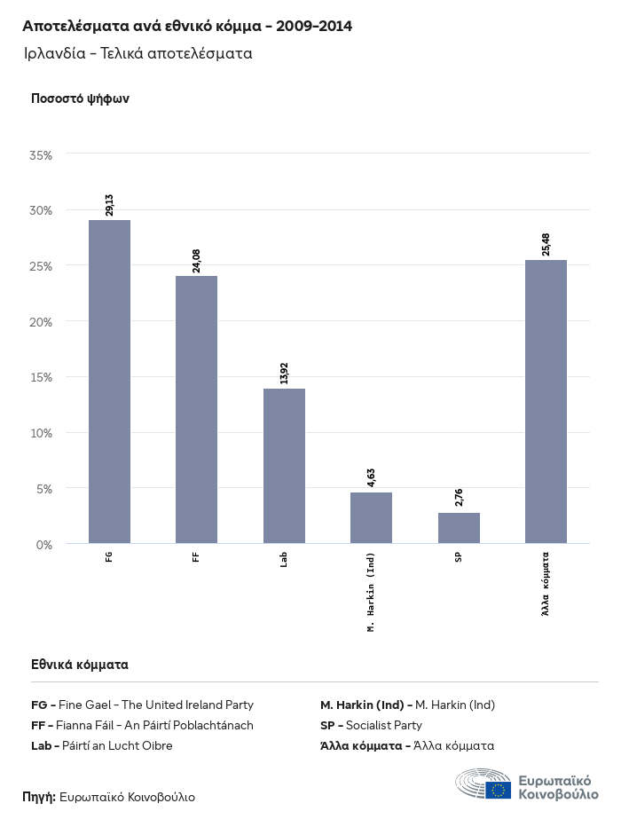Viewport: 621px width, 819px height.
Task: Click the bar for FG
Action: point(109,382)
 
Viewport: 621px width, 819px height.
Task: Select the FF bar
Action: point(196,409)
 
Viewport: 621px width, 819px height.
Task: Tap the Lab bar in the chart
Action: point(284,466)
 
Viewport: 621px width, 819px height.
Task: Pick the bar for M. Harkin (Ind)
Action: point(371,517)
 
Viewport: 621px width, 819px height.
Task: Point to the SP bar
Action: point(459,528)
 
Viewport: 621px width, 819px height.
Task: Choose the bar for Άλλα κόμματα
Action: point(546,401)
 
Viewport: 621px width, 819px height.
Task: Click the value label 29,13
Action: point(109,205)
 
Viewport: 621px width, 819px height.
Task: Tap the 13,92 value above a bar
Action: point(284,374)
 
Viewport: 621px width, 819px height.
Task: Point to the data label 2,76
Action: point(459,498)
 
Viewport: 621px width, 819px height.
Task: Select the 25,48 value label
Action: point(546,244)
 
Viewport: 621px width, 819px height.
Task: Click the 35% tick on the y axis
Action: point(41,155)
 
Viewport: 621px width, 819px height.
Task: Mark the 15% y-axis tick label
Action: point(41,377)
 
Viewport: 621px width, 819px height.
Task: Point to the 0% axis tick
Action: point(44,544)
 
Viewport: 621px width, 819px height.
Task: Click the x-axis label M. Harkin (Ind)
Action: point(371,591)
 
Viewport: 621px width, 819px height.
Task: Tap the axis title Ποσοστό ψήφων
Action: point(80,98)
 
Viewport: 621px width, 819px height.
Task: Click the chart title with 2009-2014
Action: point(187,27)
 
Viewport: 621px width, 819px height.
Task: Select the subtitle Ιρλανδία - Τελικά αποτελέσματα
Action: point(138,53)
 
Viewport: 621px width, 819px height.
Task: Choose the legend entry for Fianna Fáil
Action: point(142,725)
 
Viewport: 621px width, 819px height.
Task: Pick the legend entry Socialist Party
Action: point(371,725)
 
